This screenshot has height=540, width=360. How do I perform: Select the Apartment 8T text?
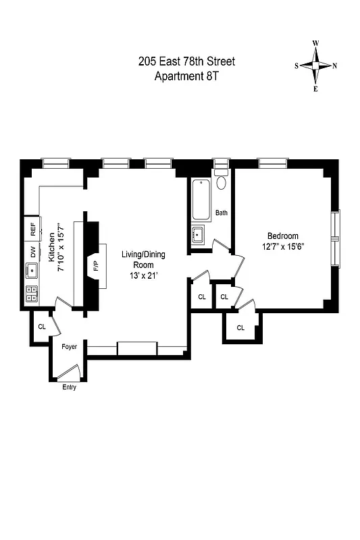point(186,76)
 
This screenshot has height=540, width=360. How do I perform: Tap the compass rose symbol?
point(315,65)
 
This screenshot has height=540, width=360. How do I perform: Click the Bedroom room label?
point(282,236)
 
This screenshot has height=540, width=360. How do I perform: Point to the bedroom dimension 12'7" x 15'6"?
point(282,246)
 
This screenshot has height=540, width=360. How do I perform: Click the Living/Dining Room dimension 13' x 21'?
point(143,276)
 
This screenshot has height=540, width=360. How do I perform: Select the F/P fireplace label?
point(95,265)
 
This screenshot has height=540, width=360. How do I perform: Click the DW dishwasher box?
point(32,252)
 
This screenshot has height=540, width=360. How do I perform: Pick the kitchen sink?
point(31,271)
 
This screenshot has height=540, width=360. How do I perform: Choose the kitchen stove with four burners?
point(31,293)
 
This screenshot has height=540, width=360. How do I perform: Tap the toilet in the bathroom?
point(222,183)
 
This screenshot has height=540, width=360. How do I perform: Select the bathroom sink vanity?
point(199,236)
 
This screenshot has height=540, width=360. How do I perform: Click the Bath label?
point(222,213)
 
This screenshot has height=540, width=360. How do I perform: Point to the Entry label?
point(69,387)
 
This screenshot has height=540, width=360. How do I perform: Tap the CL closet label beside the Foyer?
point(42,327)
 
